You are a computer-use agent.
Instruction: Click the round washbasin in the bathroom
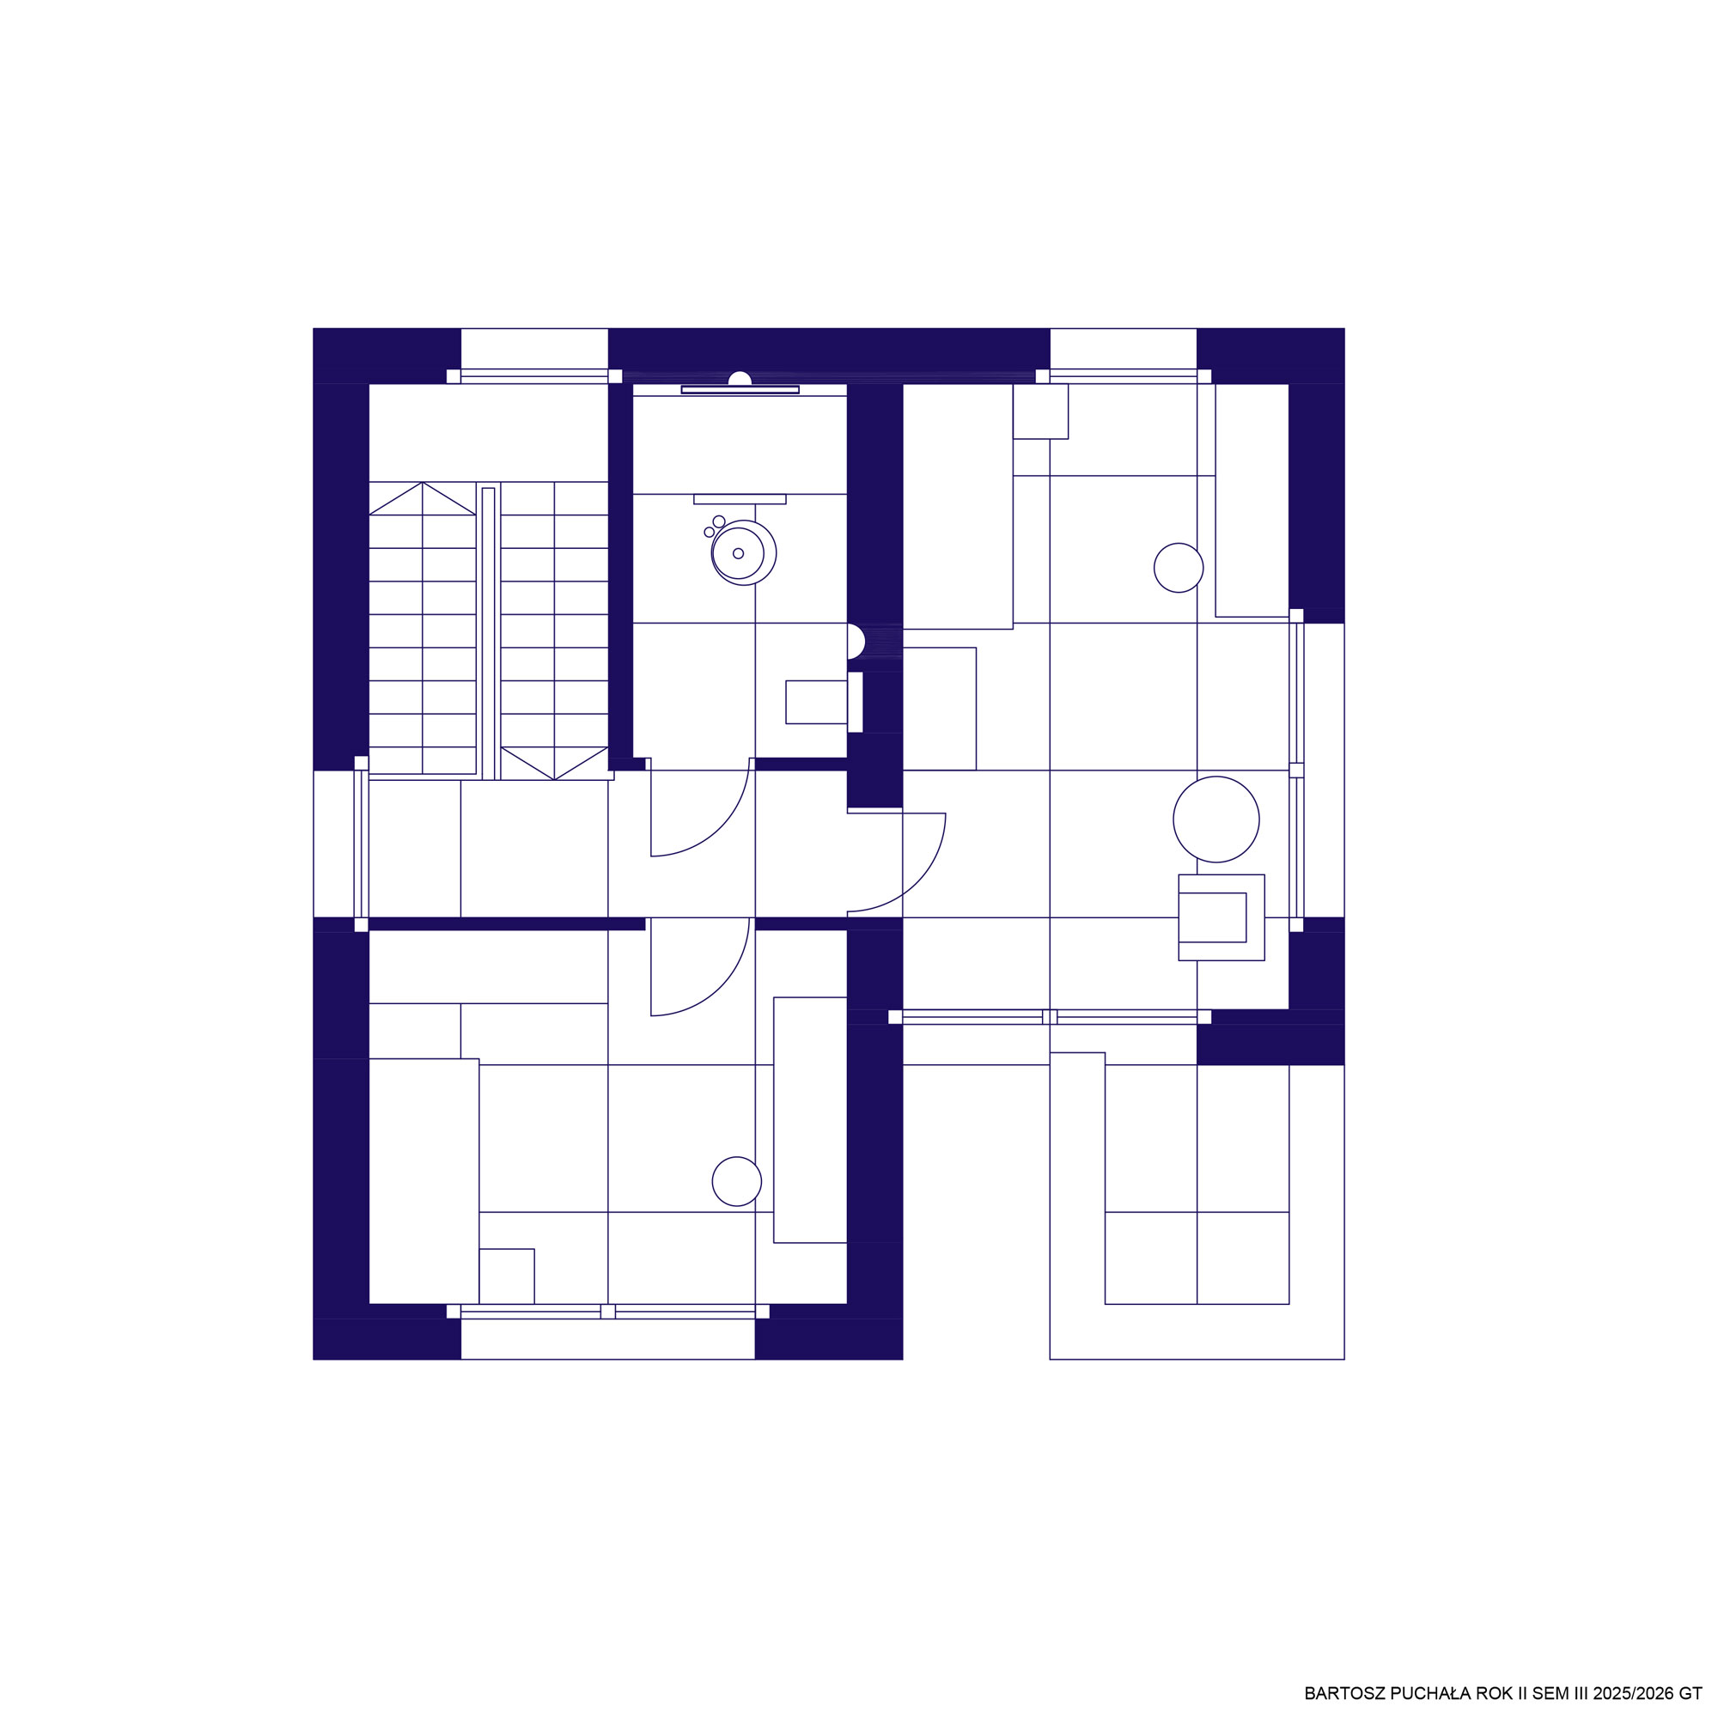point(743,553)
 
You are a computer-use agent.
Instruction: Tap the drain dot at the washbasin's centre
point(738,553)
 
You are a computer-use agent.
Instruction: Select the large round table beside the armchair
point(1215,819)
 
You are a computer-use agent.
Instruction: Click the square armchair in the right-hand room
point(1221,917)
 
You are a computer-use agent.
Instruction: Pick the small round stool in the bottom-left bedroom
point(736,1181)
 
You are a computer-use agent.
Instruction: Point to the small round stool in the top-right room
point(1179,567)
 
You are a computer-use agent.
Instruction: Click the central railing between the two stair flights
point(488,632)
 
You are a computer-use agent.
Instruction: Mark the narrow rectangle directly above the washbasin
point(740,499)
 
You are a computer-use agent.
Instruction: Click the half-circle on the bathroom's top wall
point(739,379)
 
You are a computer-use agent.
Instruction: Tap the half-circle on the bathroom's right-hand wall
point(856,641)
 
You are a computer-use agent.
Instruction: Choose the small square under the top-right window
point(1040,411)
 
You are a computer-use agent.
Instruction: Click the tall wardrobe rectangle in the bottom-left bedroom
point(423,1181)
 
